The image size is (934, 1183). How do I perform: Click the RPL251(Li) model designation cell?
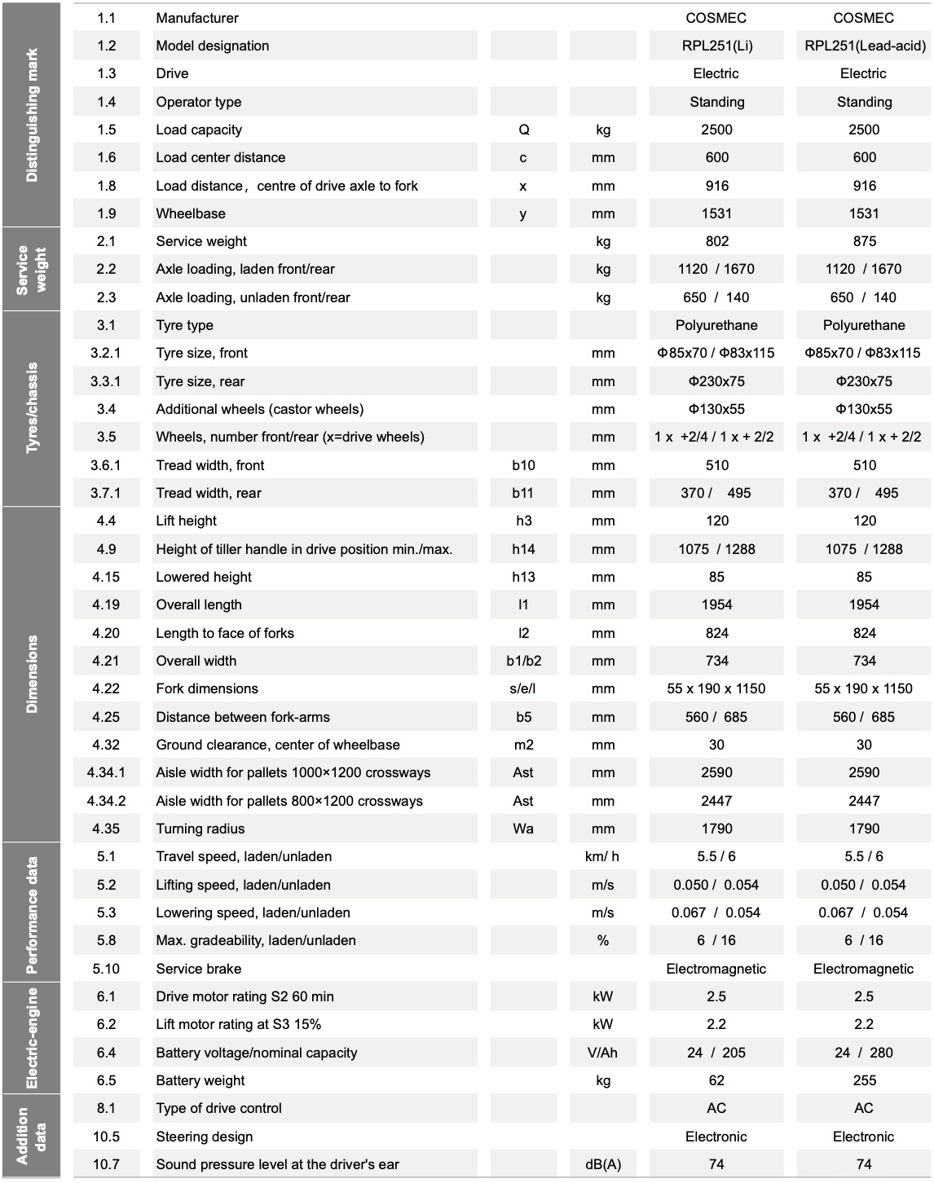716,46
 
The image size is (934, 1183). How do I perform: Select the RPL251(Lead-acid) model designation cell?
864,46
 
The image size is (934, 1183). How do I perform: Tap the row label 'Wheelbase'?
191,213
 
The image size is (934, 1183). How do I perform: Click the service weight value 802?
716,241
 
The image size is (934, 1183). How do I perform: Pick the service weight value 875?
864,241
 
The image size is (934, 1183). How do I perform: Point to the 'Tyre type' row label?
184,325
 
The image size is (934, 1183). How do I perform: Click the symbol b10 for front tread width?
523,465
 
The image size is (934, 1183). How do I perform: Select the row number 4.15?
106,577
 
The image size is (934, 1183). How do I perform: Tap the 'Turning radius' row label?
200,829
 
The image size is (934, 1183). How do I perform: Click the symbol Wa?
523,829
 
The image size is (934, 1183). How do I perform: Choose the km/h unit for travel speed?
602,856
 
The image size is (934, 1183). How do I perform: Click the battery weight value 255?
864,1080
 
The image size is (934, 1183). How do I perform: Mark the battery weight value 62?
716,1080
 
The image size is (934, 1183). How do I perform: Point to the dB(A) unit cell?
602,1164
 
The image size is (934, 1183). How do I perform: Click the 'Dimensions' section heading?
32,674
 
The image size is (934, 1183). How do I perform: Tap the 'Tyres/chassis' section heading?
32,408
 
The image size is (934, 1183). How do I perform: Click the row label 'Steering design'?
204,1137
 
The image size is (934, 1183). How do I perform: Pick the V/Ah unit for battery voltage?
602,1053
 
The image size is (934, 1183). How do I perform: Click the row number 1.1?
106,18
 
